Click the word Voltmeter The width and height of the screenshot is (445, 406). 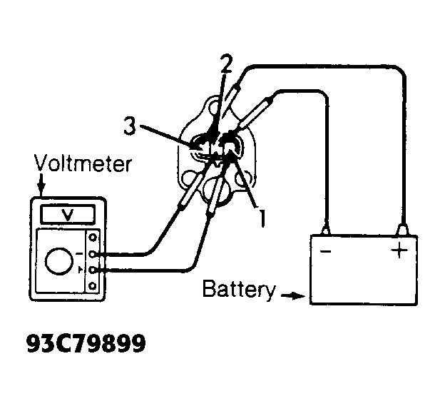(x=83, y=163)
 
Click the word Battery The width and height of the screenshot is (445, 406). (x=239, y=290)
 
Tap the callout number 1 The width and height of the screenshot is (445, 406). (x=262, y=218)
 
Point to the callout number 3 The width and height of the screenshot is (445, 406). (x=130, y=126)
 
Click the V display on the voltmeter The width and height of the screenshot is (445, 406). (x=68, y=214)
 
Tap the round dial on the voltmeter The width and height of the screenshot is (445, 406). (x=58, y=261)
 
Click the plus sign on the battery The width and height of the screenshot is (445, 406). (x=399, y=250)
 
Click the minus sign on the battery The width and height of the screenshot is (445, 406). (x=325, y=251)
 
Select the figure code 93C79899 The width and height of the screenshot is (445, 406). (x=86, y=343)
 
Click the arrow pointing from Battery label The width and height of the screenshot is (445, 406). (x=293, y=296)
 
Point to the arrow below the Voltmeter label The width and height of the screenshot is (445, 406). (x=41, y=185)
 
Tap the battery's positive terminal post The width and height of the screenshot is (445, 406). (x=402, y=230)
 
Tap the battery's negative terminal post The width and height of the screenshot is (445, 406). (x=327, y=230)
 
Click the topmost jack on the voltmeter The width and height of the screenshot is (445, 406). (x=93, y=238)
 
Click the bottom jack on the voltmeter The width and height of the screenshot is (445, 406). (x=92, y=286)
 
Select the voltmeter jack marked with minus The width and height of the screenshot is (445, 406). (x=92, y=254)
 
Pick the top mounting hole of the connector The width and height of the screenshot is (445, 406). (x=213, y=107)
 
